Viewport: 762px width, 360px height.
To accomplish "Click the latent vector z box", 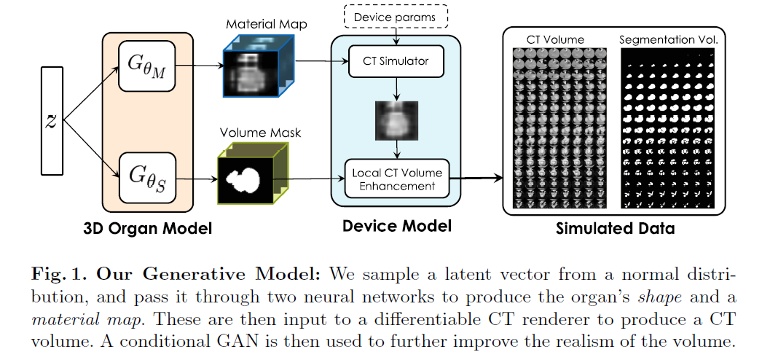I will click(52, 120).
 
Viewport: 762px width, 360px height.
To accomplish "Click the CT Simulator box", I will click(396, 62).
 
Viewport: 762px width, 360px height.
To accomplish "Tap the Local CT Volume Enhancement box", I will click(396, 179).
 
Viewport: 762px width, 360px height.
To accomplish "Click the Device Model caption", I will click(396, 226).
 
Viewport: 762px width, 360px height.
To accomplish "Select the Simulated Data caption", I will click(613, 229).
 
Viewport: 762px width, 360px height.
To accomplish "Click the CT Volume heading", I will click(555, 39).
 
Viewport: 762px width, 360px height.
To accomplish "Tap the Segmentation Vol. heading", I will click(669, 39).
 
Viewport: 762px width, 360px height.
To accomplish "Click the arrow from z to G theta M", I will click(91, 94).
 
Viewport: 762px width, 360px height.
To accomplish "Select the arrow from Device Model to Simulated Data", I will click(477, 177).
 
